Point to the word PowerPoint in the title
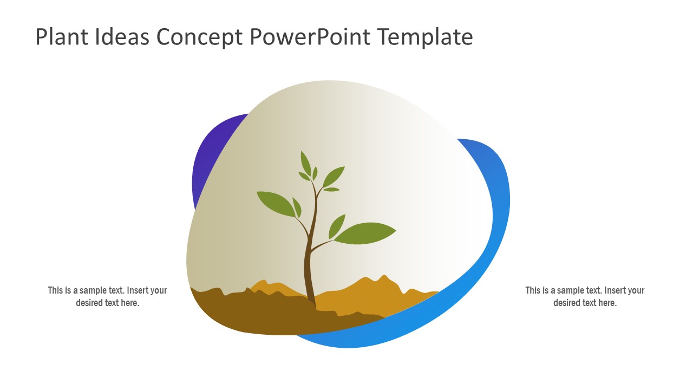311,37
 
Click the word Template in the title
425,37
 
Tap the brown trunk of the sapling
309,271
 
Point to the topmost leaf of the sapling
306,162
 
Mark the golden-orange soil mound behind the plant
368,298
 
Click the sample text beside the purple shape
107,296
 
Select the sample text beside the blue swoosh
585,296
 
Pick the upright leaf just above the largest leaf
337,225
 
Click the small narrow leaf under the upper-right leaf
331,190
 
